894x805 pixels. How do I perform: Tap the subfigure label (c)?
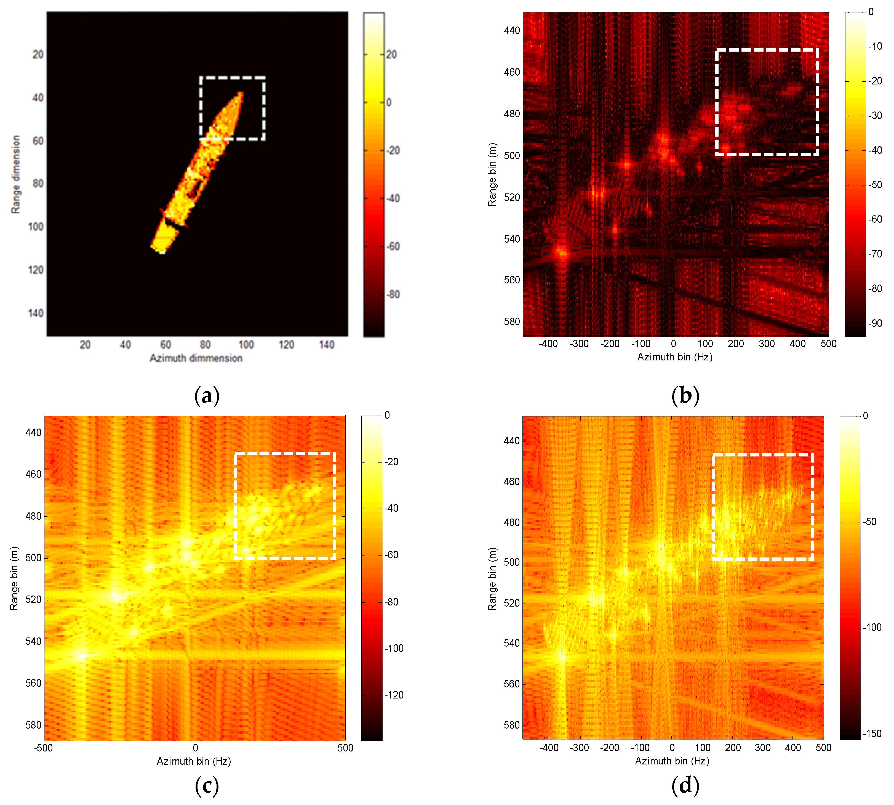(207, 785)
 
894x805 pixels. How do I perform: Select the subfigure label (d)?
(685, 785)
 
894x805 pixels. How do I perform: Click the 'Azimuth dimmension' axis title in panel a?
(196, 358)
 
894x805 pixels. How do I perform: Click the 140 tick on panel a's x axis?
(327, 345)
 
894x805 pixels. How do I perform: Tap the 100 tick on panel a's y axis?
(36, 227)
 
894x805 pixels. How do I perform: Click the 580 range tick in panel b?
(512, 322)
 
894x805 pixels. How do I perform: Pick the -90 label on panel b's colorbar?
(874, 323)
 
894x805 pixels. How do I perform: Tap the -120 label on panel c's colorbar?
(394, 695)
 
